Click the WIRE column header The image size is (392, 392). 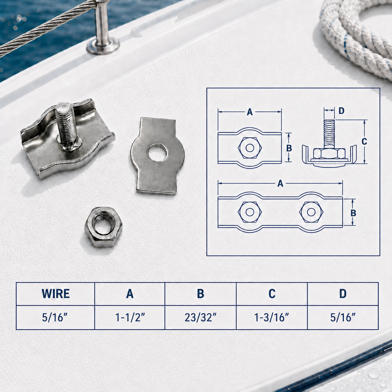click(x=56, y=294)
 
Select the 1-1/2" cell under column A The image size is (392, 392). click(x=130, y=317)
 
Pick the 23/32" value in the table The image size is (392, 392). click(x=201, y=317)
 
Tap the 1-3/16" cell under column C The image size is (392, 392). click(x=271, y=317)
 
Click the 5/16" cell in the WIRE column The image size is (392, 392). click(x=55, y=317)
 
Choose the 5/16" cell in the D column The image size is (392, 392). click(x=343, y=317)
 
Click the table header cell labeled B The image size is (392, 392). click(x=201, y=294)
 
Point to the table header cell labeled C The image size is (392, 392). click(x=272, y=294)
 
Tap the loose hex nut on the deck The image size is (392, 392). click(x=103, y=227)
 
